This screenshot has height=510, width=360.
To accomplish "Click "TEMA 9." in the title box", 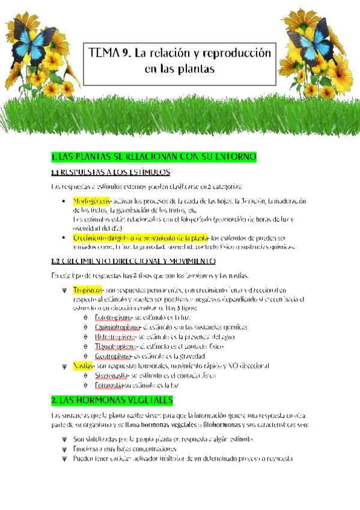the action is pos(109,54).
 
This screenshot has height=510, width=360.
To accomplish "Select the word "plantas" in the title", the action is pos(197,69).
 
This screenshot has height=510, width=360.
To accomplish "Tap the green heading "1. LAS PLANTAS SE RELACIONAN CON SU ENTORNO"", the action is pos(154,157).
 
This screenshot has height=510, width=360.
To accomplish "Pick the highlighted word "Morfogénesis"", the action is pos(91,201).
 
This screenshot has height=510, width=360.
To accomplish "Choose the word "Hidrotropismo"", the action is pos(115,337).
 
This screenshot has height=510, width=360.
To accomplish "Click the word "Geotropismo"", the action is pos(113,357).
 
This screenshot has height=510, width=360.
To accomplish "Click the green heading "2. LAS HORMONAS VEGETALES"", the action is pos(112,400).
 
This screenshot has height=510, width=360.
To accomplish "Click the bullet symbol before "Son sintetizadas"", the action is pos(64,440).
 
